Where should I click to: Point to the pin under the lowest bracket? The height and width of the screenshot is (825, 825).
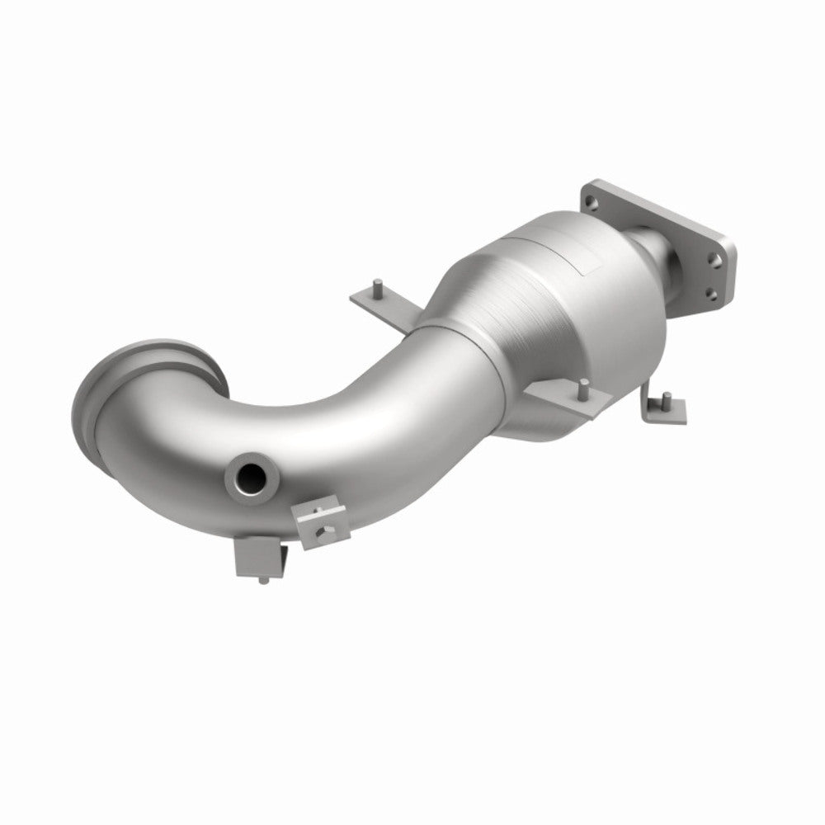[x=262, y=580]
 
